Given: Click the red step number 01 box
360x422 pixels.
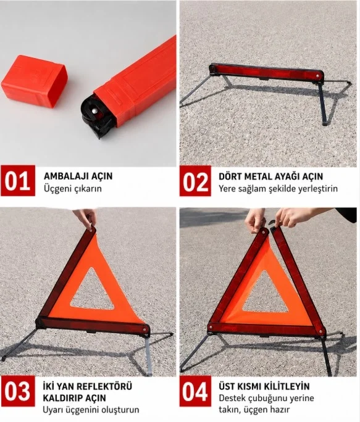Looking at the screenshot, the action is click(18, 181).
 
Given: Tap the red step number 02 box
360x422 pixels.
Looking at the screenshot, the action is click(196, 181).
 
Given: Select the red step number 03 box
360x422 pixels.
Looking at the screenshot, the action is click(18, 391).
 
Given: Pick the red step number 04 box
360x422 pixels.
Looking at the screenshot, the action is click(196, 391).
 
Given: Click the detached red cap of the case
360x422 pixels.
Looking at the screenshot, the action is click(34, 81).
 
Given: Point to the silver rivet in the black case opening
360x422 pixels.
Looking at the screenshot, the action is click(94, 110).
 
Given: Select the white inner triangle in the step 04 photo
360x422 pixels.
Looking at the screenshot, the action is click(264, 295).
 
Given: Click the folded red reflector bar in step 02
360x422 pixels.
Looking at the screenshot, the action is click(266, 71).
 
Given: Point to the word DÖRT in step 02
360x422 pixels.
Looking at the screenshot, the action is click(231, 176).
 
